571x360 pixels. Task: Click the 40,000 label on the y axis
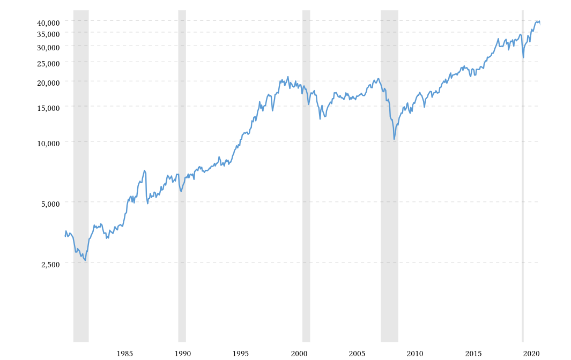click(48, 22)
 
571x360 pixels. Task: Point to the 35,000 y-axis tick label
click(48, 34)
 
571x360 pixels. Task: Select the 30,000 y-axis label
click(48, 47)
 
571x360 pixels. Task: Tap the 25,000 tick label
click(48, 64)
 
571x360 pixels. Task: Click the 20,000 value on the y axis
click(48, 83)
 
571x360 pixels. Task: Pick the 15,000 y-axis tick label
click(48, 108)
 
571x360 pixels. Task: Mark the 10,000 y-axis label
click(48, 143)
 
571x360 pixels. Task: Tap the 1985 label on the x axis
click(125, 354)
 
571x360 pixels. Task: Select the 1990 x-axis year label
click(183, 354)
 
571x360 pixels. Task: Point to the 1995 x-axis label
click(241, 354)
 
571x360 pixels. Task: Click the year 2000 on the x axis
click(299, 354)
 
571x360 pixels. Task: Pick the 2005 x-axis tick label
click(357, 354)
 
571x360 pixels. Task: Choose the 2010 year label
click(415, 354)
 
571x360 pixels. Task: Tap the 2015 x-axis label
click(473, 354)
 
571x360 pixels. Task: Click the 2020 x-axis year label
click(531, 354)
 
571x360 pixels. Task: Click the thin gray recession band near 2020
click(523, 214)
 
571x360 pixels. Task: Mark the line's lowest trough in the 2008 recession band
click(394, 139)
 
